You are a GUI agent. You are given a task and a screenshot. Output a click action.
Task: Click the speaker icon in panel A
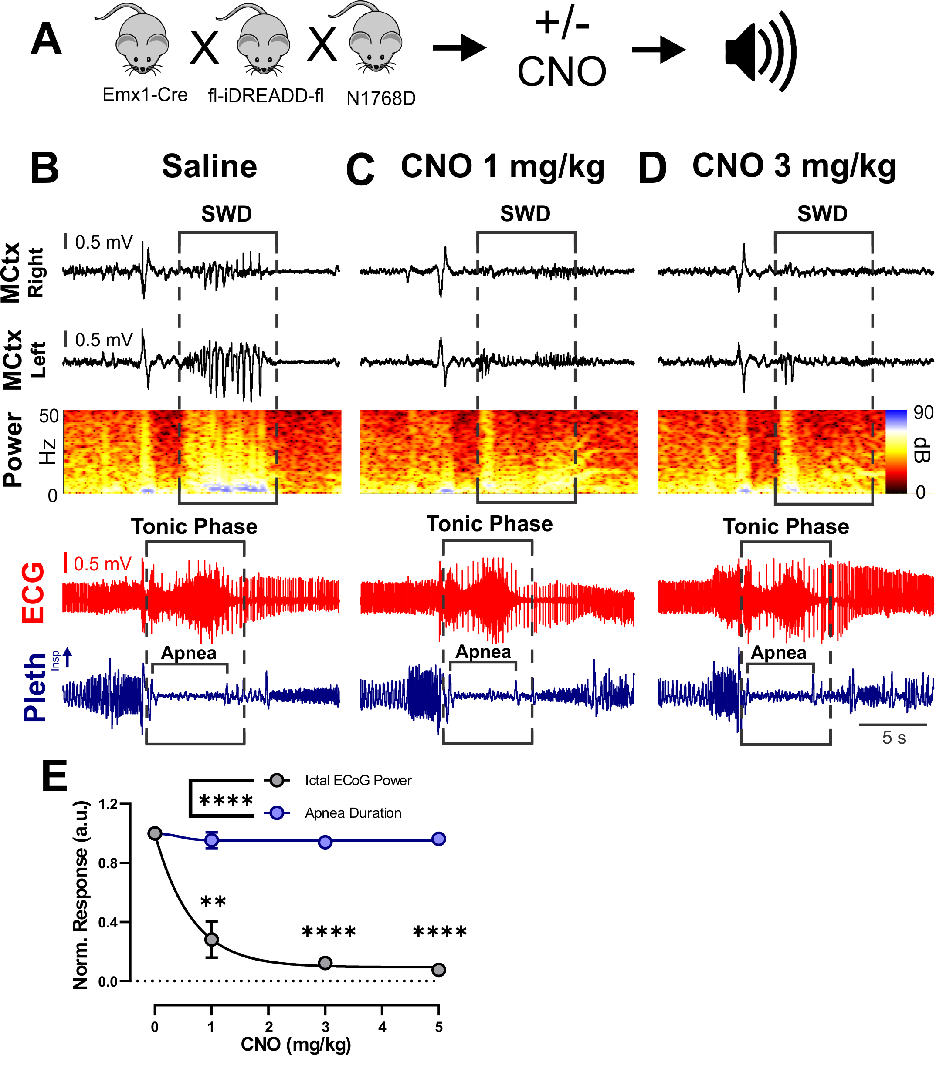760,52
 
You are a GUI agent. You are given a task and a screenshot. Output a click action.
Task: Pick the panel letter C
360,170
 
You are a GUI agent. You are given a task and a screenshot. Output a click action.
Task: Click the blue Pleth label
35,688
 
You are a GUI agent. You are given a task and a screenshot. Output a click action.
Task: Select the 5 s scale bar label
894,738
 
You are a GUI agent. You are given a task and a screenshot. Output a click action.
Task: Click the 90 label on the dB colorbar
923,413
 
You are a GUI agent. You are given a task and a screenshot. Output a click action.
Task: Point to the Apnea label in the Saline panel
189,653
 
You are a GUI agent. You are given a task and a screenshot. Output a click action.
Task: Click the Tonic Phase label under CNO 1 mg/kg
489,524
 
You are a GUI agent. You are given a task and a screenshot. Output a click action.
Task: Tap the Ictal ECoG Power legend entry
358,780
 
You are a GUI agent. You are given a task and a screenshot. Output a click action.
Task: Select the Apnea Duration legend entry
353,813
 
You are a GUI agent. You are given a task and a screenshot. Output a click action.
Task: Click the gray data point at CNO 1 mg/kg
211,940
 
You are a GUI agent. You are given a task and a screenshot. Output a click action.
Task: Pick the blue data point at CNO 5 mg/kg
439,839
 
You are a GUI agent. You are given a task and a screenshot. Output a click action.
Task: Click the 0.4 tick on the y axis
108,923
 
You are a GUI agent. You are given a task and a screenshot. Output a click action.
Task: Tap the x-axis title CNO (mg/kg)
295,1044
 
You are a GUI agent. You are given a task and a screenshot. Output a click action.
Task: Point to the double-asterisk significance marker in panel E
213,901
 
